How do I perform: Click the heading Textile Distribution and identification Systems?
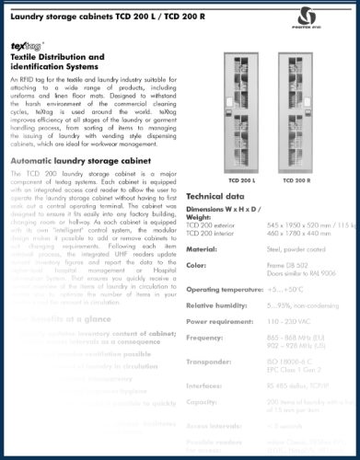[x=59, y=63]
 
